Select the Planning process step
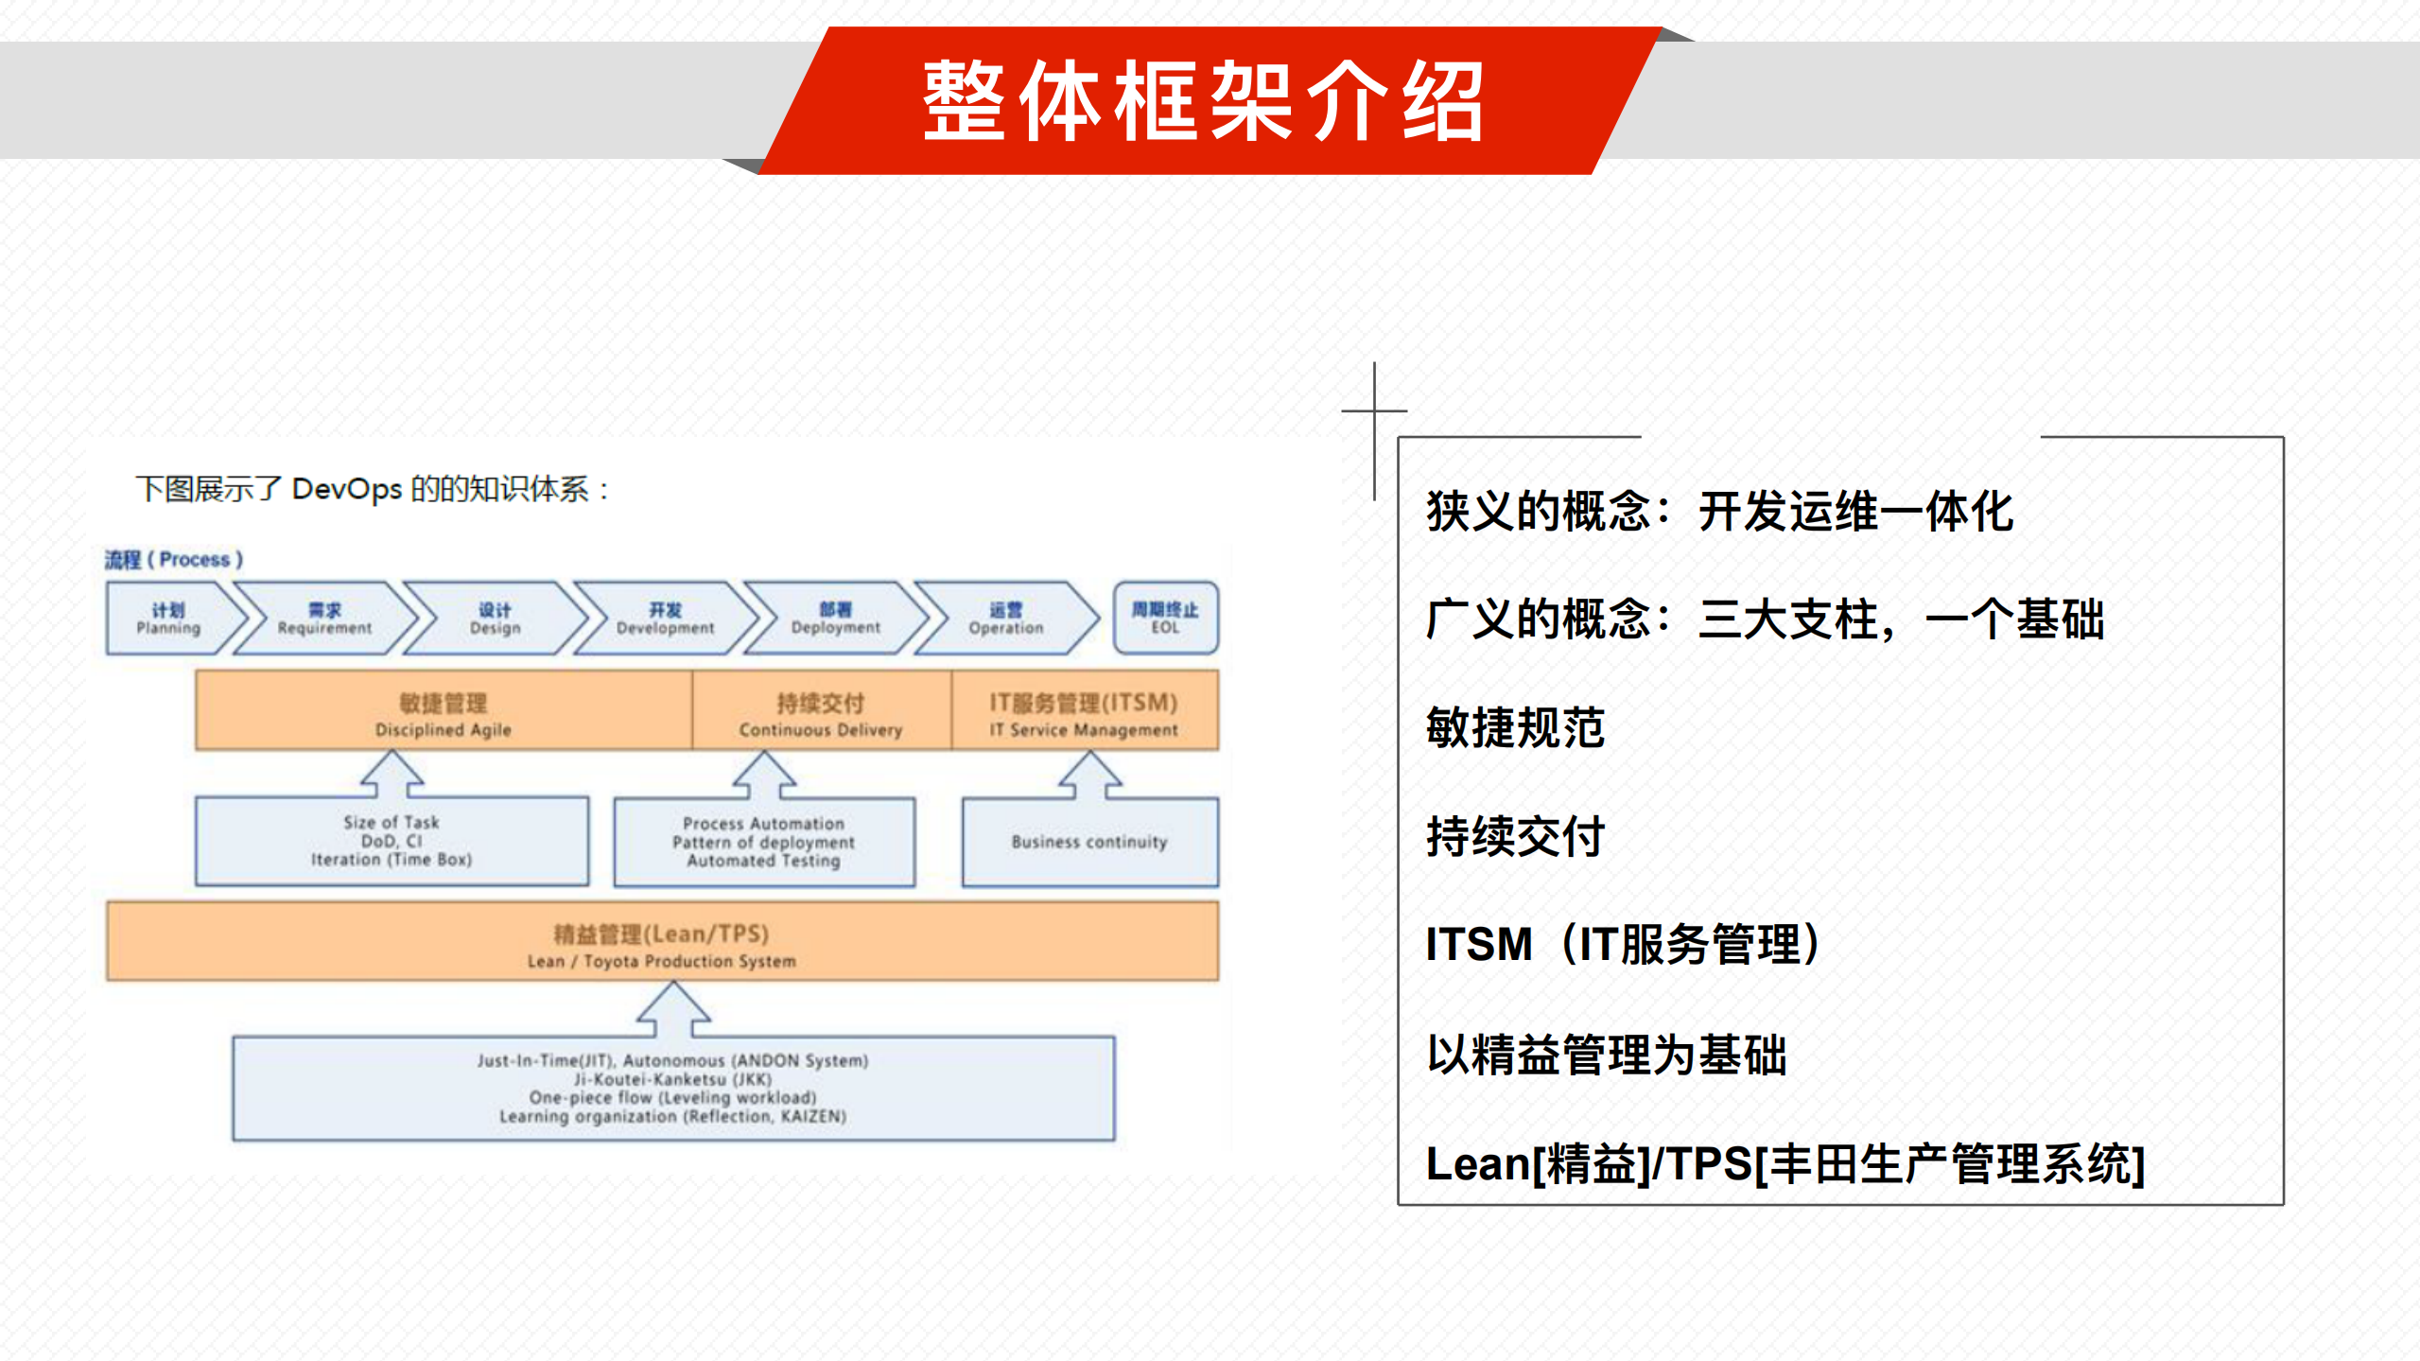(x=168, y=619)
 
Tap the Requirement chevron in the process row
(x=324, y=619)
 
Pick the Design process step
(x=495, y=619)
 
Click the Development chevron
(x=665, y=619)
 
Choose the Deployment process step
(x=835, y=619)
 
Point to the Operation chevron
(x=1005, y=619)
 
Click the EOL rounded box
(x=1165, y=619)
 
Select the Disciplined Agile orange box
(x=443, y=711)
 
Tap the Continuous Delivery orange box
(x=821, y=711)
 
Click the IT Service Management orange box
(x=1084, y=711)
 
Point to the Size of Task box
(x=392, y=841)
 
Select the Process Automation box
(x=763, y=842)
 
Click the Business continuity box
(x=1089, y=842)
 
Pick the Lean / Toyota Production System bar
(x=662, y=942)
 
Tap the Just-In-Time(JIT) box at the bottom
(x=672, y=1089)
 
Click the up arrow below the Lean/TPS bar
(x=673, y=1009)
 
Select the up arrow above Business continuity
(x=1089, y=776)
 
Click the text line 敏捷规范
(x=1515, y=728)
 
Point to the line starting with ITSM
(x=1623, y=944)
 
